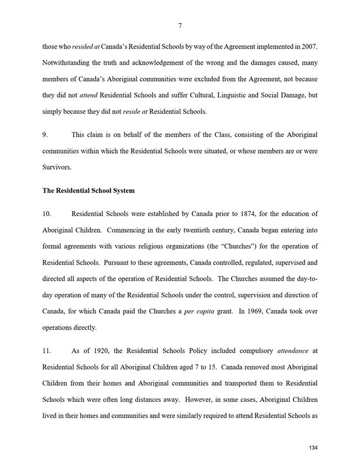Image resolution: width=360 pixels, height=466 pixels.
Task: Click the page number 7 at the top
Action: click(180, 25)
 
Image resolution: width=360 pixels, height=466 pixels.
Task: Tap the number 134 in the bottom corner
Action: click(313, 448)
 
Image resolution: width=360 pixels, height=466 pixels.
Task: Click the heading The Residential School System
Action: click(88, 190)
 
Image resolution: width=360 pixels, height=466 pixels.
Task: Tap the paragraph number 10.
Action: click(47, 214)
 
